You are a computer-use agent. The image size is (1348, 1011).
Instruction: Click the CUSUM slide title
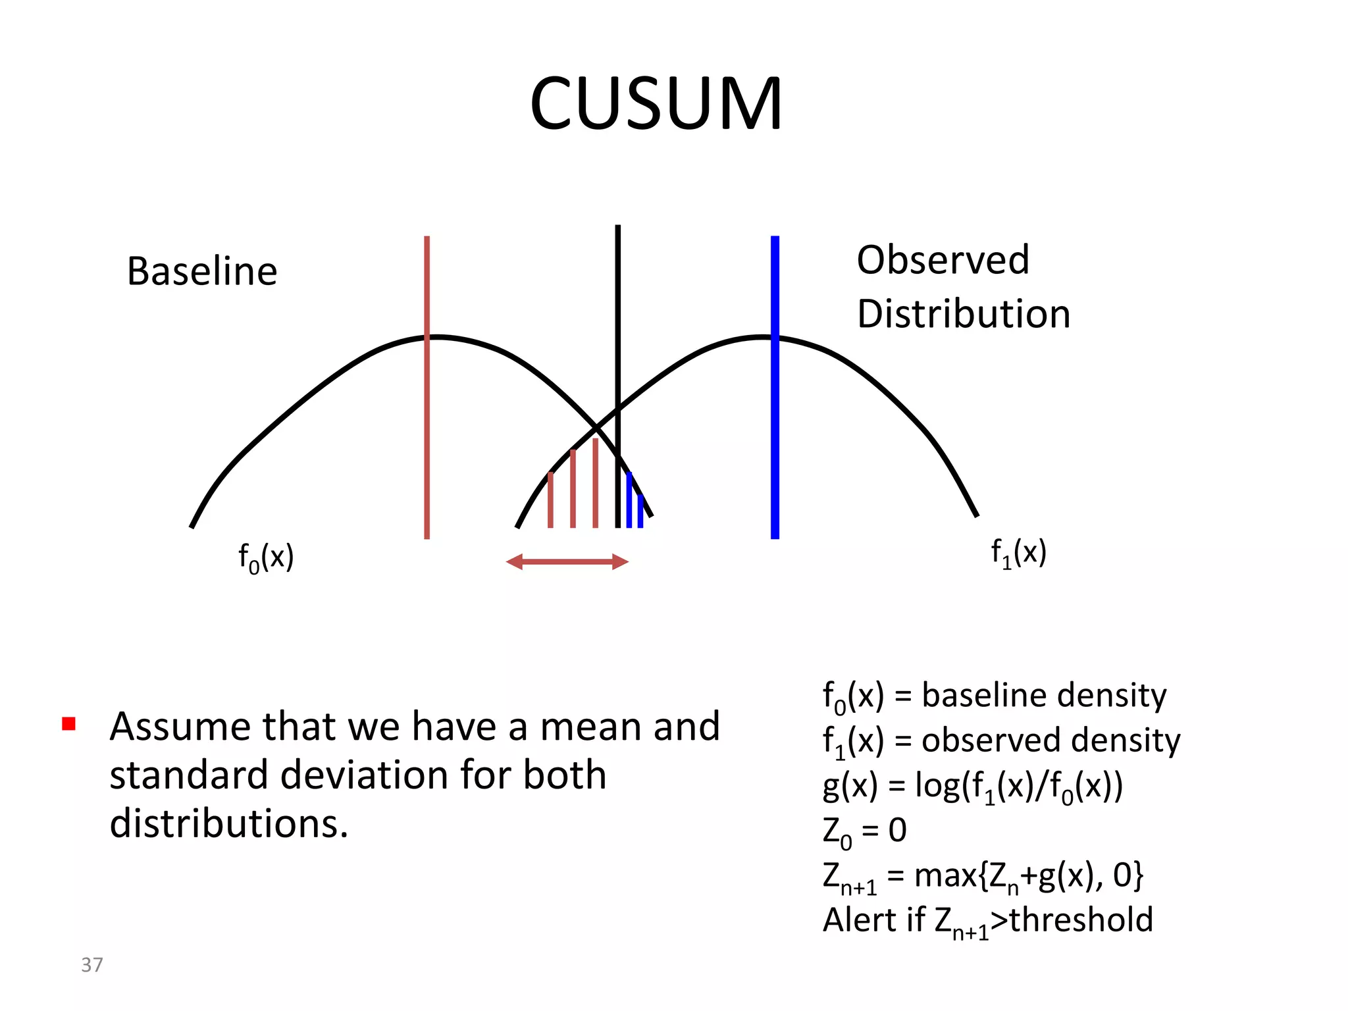(656, 104)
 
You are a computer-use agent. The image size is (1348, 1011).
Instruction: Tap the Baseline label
(202, 271)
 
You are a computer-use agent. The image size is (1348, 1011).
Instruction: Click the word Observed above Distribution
(943, 260)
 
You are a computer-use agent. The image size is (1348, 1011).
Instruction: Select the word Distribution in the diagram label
(963, 314)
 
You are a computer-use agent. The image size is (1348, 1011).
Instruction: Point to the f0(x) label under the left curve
(265, 558)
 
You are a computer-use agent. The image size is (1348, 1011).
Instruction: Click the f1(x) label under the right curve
(1018, 553)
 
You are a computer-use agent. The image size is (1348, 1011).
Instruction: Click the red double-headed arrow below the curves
(567, 561)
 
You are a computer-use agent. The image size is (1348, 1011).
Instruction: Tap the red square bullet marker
(68, 724)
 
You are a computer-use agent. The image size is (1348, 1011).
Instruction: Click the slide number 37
(91, 965)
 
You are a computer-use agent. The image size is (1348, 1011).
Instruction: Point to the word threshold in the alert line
(1081, 920)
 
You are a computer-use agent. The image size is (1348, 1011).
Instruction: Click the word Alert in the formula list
(855, 920)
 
